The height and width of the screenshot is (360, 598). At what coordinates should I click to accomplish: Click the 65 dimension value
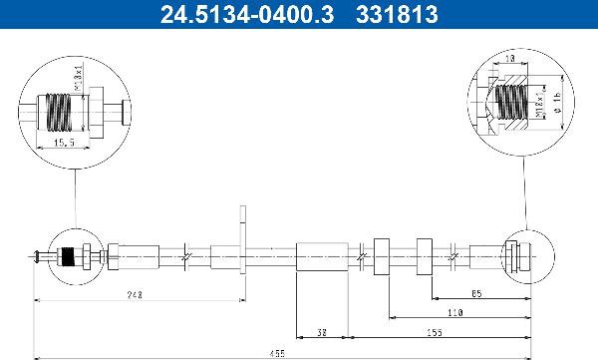pos(476,294)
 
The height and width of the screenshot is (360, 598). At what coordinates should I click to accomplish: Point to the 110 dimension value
pos(454,313)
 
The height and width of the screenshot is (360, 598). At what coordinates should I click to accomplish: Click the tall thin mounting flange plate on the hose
pos(241,245)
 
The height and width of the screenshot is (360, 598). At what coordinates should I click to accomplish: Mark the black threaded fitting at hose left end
pos(68,258)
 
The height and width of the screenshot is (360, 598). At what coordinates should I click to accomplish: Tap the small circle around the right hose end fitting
pos(522,258)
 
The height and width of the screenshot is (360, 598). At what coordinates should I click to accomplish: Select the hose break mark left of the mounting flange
pos(186,258)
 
